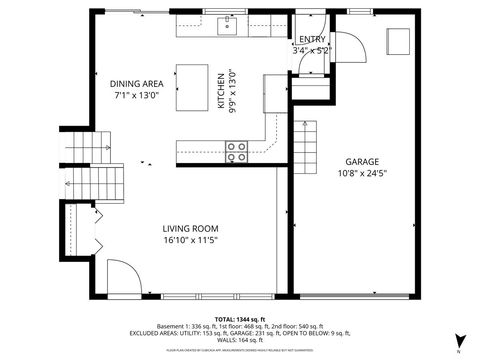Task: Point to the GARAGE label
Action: click(x=361, y=161)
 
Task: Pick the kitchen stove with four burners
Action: click(x=237, y=151)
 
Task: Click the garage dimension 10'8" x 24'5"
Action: click(x=361, y=172)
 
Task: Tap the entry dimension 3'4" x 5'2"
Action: click(x=310, y=49)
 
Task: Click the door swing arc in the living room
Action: click(x=120, y=275)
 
